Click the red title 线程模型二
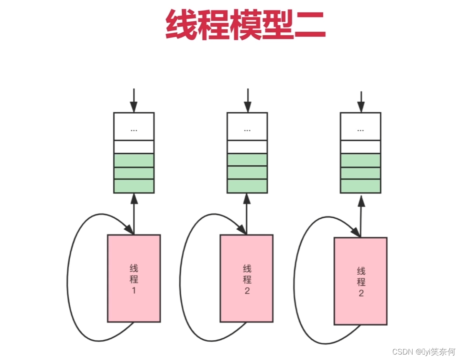(246, 25)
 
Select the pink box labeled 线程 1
(134, 278)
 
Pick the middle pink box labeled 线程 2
(247, 278)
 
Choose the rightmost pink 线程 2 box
(360, 281)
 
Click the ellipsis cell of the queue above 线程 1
(134, 126)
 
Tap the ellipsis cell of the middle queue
(247, 126)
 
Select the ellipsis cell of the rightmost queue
(360, 126)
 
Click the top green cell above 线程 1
(134, 160)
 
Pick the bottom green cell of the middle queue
(247, 186)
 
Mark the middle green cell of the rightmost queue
(360, 173)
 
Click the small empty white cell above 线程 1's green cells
(134, 147)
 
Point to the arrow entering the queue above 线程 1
(134, 100)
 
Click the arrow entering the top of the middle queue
(247, 100)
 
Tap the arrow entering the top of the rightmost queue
(361, 101)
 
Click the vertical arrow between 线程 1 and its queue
(134, 213)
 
